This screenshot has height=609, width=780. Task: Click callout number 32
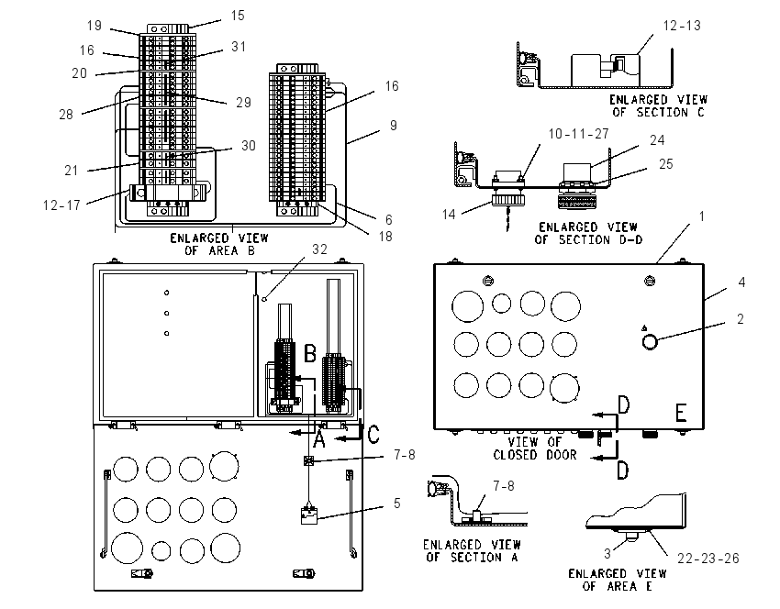[x=319, y=249]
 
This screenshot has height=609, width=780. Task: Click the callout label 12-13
[x=682, y=26]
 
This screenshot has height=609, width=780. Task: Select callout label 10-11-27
[x=578, y=134]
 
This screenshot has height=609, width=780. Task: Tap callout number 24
[x=657, y=140]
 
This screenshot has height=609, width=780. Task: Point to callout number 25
[x=665, y=164]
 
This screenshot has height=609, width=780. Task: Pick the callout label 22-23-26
[x=708, y=559]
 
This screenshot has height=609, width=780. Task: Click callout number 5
[x=396, y=504]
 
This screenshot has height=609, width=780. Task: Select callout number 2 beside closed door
[x=741, y=318]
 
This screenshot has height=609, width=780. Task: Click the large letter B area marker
[x=310, y=354]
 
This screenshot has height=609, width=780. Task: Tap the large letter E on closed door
[x=681, y=413]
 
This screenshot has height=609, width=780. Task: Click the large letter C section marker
[x=373, y=434]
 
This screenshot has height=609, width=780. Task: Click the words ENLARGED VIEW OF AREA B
[x=219, y=245]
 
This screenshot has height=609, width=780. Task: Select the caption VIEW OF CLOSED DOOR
[x=535, y=448]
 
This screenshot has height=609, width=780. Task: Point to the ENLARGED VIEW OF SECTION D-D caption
[x=588, y=234]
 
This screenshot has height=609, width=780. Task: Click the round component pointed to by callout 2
[x=650, y=342]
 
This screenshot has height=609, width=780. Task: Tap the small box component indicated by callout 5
[x=309, y=516]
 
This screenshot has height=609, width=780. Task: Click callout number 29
[x=243, y=103]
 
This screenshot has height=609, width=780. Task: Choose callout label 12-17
[x=61, y=205]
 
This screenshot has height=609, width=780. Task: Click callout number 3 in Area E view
[x=607, y=553]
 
